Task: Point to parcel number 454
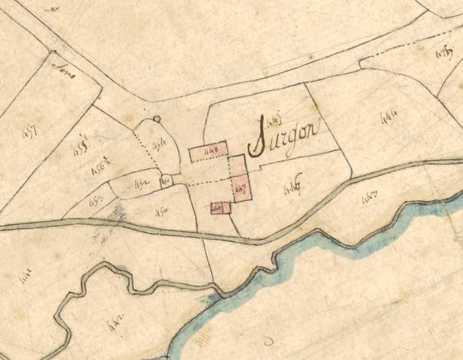pyautogui.click(x=159, y=146)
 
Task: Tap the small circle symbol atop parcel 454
pyautogui.click(x=157, y=119)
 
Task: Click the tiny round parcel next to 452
pyautogui.click(x=167, y=181)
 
